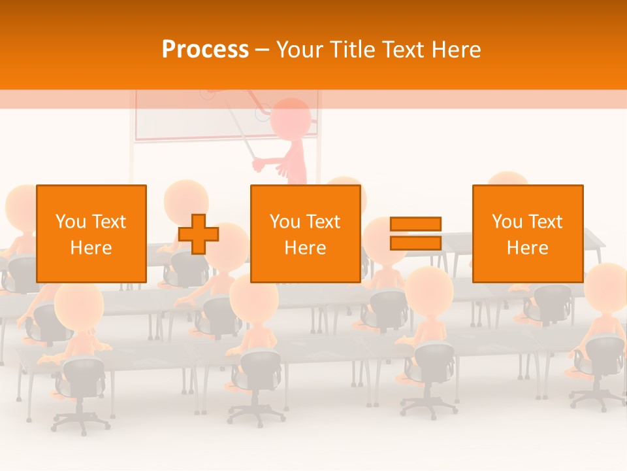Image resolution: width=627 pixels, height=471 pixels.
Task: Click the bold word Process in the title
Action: pos(205,50)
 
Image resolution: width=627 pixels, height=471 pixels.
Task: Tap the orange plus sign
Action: pos(199,234)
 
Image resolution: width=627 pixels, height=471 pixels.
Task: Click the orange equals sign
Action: pos(415,234)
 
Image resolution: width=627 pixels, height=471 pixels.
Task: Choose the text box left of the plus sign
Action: pos(91,234)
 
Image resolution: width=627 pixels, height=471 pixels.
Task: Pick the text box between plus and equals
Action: pos(305,234)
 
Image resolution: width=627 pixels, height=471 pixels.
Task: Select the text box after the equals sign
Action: pos(527,234)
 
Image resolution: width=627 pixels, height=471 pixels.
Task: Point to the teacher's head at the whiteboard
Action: pos(290,118)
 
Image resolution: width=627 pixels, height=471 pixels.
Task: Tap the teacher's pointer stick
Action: pos(242,140)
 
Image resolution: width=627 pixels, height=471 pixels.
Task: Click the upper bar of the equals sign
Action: pos(415,224)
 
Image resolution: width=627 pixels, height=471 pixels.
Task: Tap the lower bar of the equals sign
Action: pos(415,243)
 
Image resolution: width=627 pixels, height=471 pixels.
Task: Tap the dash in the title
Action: pos(263,50)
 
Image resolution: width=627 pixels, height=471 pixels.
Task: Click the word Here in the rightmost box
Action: pos(527,248)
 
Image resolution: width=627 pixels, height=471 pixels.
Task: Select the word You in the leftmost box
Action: pos(71,222)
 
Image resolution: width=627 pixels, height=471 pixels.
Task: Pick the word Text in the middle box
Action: pos(323,222)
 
